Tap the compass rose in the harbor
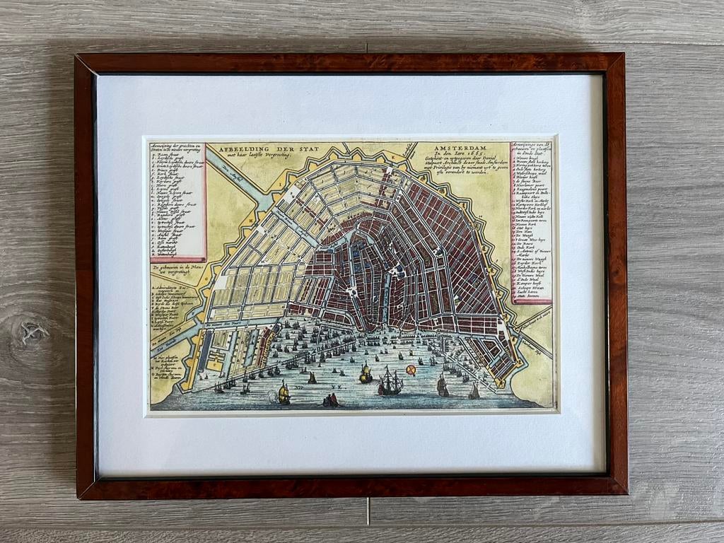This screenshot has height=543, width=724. click(x=411, y=370)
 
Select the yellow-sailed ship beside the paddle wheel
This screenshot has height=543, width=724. click(x=284, y=393)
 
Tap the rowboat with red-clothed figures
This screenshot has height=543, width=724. click(x=329, y=400)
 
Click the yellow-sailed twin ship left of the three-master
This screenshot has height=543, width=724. click(x=365, y=374)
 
